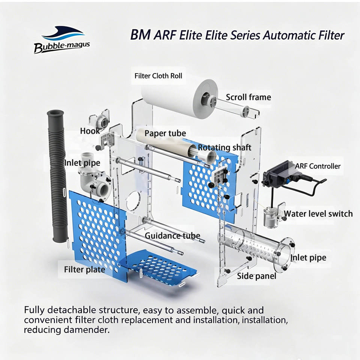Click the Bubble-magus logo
[62, 40]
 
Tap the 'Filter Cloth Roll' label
[158, 76]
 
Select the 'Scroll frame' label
[248, 97]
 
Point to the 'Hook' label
[90, 131]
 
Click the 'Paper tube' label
[165, 133]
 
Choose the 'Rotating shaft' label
[225, 147]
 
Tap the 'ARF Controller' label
[318, 166]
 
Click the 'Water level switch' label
[318, 214]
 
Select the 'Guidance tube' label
[172, 236]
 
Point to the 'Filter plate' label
[84, 270]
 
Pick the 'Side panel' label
[256, 276]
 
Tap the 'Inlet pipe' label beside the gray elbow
[82, 163]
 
